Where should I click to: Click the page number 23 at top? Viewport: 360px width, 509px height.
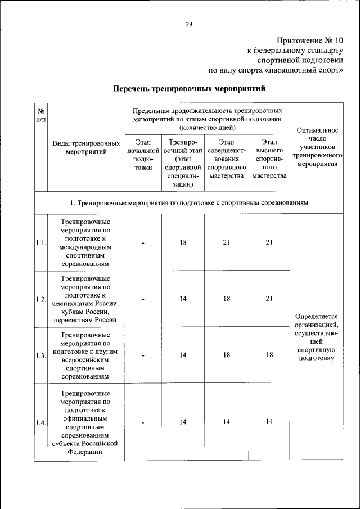(189, 24)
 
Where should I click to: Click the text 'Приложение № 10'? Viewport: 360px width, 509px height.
(309, 41)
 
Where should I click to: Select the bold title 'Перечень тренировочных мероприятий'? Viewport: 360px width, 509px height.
(188, 89)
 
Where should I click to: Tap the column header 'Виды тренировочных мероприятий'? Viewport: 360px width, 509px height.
(86, 147)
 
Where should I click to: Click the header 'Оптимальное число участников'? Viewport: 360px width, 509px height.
(318, 147)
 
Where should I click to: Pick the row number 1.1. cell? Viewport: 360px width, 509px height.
(40, 243)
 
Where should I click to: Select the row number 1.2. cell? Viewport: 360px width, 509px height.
(40, 299)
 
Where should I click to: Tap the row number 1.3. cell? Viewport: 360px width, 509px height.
(40, 355)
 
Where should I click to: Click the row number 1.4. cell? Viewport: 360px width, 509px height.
(40, 422)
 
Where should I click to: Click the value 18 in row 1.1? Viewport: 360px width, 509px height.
(183, 243)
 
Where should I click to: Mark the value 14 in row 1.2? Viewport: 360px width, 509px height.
(183, 299)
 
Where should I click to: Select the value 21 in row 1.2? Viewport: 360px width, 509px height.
(269, 299)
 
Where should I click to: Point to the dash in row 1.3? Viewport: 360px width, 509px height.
(143, 355)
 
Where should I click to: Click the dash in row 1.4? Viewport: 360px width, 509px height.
(143, 422)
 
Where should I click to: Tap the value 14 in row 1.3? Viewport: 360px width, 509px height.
(183, 355)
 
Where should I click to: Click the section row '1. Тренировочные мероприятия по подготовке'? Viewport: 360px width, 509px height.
(188, 202)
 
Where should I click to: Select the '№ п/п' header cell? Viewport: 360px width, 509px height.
(40, 115)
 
